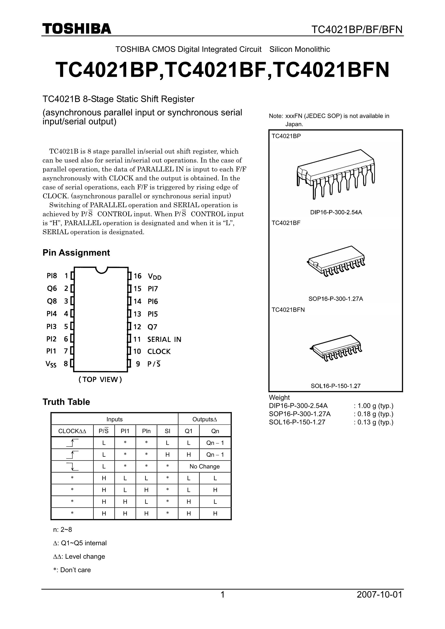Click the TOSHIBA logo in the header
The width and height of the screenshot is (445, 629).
(77, 29)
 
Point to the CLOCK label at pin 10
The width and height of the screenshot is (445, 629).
(159, 351)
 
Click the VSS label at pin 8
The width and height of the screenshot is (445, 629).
(51, 364)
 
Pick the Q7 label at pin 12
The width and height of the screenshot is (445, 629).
(152, 327)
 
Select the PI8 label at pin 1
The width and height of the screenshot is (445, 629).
(52, 276)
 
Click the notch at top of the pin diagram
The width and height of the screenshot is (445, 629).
(101, 270)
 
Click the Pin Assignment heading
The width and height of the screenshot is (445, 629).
(76, 253)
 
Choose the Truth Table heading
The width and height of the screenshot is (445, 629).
(66, 402)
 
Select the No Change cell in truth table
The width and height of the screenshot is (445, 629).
(204, 466)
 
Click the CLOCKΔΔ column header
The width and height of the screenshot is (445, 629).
(72, 431)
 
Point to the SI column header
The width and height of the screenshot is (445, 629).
(167, 431)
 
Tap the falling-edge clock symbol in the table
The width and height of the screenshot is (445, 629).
(72, 466)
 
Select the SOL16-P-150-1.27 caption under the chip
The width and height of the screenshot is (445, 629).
(336, 386)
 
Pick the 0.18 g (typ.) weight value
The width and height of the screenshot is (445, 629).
(375, 414)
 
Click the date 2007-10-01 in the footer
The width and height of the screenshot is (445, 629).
(379, 594)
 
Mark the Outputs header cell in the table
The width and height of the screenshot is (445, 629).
(204, 419)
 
